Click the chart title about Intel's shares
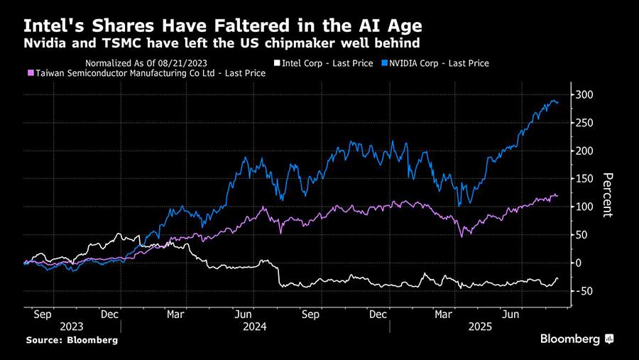(x=223, y=26)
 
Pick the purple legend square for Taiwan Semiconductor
(x=30, y=73)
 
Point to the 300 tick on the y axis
(x=584, y=95)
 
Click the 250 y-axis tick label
(x=584, y=123)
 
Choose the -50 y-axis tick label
(x=585, y=291)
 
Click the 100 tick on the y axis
(x=584, y=207)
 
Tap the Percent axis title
(x=607, y=195)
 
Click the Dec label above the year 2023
(x=109, y=313)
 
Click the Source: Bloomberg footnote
(x=72, y=341)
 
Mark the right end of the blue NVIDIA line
(x=557, y=103)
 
